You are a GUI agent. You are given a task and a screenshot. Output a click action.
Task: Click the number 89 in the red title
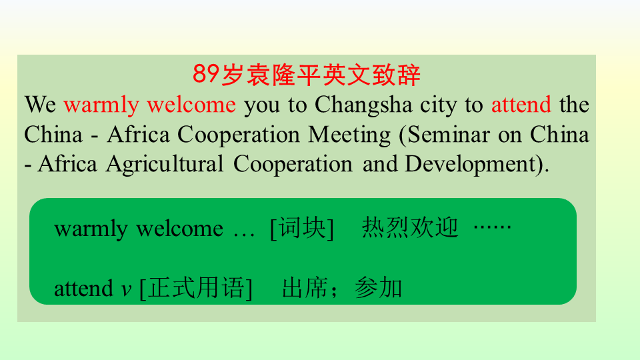pos(206,74)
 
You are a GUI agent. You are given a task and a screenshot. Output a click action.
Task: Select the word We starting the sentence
pos(40,105)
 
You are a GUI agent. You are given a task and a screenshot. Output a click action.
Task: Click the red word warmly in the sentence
pos(101,106)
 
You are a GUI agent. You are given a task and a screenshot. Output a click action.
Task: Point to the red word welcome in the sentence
pos(191,105)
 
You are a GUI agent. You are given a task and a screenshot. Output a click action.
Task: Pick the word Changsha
pos(363,106)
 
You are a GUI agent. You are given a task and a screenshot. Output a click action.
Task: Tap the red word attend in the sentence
pos(521,105)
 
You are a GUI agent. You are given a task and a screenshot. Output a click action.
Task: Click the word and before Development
pos(380,164)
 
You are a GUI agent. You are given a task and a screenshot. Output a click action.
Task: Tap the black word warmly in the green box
pos(91,229)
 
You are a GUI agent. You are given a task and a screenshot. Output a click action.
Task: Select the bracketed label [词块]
pos(302,228)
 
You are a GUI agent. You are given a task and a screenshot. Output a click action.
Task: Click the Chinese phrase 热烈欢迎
pos(410,227)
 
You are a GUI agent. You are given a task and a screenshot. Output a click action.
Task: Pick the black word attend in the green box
pos(84,288)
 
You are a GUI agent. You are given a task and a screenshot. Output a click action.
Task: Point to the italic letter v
pos(126,290)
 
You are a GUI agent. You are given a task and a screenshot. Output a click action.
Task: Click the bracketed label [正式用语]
pos(196,288)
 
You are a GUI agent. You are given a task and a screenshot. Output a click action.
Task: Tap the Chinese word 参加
pos(379,288)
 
